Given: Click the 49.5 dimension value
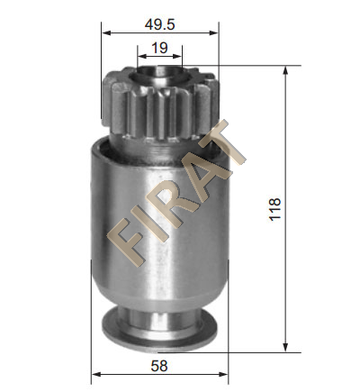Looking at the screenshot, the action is tap(159, 24).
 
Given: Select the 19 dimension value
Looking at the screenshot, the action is tap(159, 48).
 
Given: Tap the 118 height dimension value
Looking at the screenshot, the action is tap(274, 209).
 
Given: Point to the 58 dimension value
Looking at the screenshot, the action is tap(159, 366).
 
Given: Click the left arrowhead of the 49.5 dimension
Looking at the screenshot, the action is tap(106, 32).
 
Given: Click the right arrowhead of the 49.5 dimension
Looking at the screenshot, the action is tap(214, 32).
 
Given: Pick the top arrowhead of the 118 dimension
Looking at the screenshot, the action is tap(285, 70).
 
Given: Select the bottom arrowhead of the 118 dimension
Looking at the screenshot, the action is tap(285, 347).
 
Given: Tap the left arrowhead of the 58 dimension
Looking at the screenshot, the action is tap(96, 374).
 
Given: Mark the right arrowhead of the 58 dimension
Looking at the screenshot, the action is tap(223, 374).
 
